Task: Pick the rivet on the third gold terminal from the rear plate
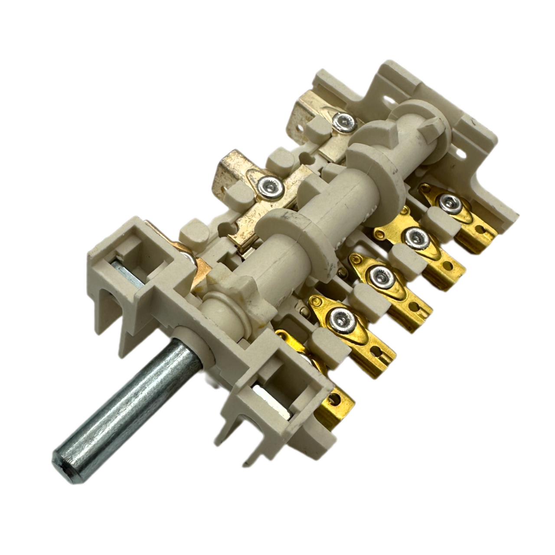click(x=382, y=274)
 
